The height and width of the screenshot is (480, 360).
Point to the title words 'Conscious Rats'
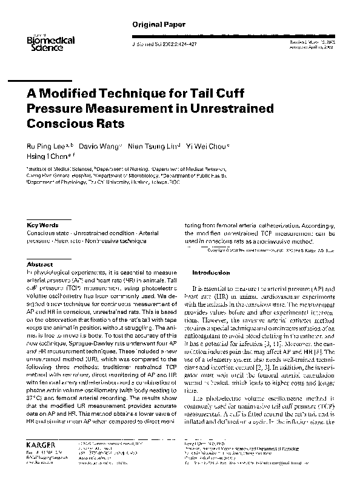coord(75,123)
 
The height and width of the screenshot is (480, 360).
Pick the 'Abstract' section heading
coord(40,264)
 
